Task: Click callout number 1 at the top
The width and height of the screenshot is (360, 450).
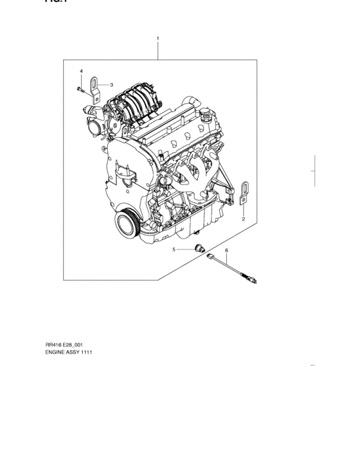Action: click(x=158, y=39)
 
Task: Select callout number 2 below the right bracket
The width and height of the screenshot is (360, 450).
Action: click(x=243, y=219)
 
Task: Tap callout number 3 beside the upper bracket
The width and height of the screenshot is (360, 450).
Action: click(x=111, y=84)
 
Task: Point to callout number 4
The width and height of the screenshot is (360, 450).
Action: click(x=81, y=70)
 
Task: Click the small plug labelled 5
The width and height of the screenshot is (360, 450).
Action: click(x=199, y=249)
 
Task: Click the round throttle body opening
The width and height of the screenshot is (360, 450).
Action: click(x=96, y=128)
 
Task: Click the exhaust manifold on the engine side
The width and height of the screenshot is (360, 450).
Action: click(x=193, y=174)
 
